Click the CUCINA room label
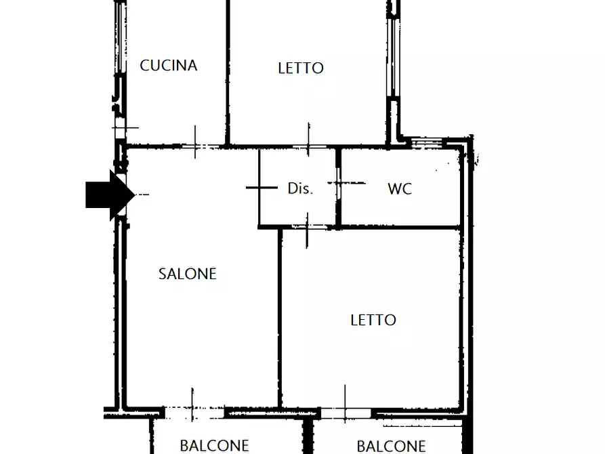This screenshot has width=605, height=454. pyautogui.click(x=169, y=65)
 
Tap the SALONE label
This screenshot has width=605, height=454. pyautogui.click(x=188, y=274)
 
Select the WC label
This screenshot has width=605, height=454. pyautogui.click(x=400, y=189)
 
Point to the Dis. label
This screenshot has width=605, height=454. pyautogui.click(x=300, y=189)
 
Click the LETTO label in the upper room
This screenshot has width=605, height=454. pyautogui.click(x=301, y=68)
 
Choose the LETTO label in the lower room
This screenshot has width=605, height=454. pyautogui.click(x=373, y=320)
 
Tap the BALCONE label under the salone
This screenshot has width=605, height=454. pyautogui.click(x=214, y=446)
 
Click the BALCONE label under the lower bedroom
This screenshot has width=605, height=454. pyautogui.click(x=391, y=446)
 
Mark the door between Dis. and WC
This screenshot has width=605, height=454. pyautogui.click(x=339, y=182)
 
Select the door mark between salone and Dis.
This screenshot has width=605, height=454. pyautogui.click(x=261, y=187)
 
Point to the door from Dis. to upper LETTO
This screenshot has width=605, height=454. pyautogui.click(x=309, y=145)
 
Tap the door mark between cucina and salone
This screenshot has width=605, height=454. pyautogui.click(x=196, y=144)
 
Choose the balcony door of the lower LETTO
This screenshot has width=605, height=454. pyautogui.click(x=346, y=412)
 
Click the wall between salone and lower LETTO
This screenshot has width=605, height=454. pyautogui.click(x=280, y=318)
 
